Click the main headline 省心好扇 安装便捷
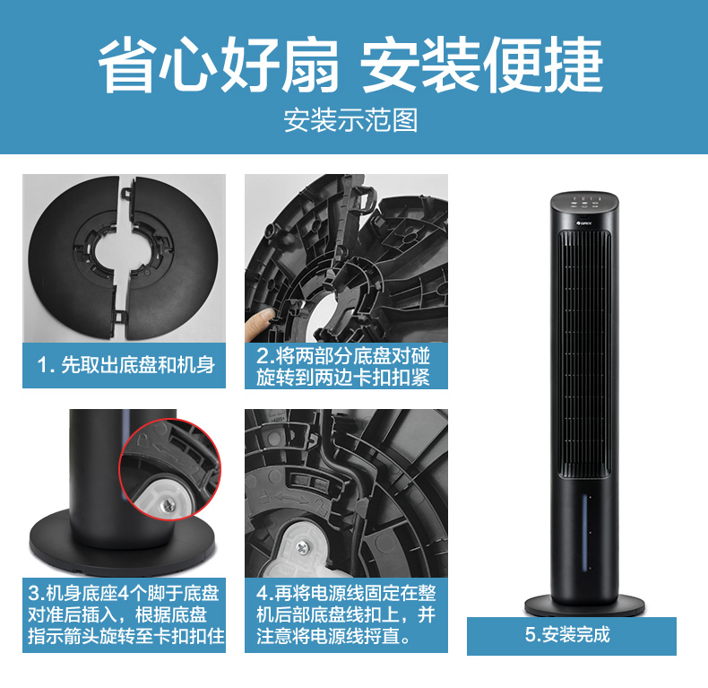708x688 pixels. click(x=350, y=65)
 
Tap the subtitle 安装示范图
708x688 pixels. click(x=350, y=120)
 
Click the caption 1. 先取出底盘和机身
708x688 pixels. click(x=126, y=365)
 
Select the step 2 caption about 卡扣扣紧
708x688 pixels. click(x=343, y=367)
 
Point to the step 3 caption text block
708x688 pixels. click(x=126, y=614)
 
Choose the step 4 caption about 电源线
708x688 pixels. click(x=346, y=614)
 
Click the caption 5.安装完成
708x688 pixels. click(x=567, y=635)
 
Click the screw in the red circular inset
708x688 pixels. click(x=169, y=504)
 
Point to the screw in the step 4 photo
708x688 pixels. click(x=303, y=548)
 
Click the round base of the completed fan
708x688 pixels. click(x=584, y=605)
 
